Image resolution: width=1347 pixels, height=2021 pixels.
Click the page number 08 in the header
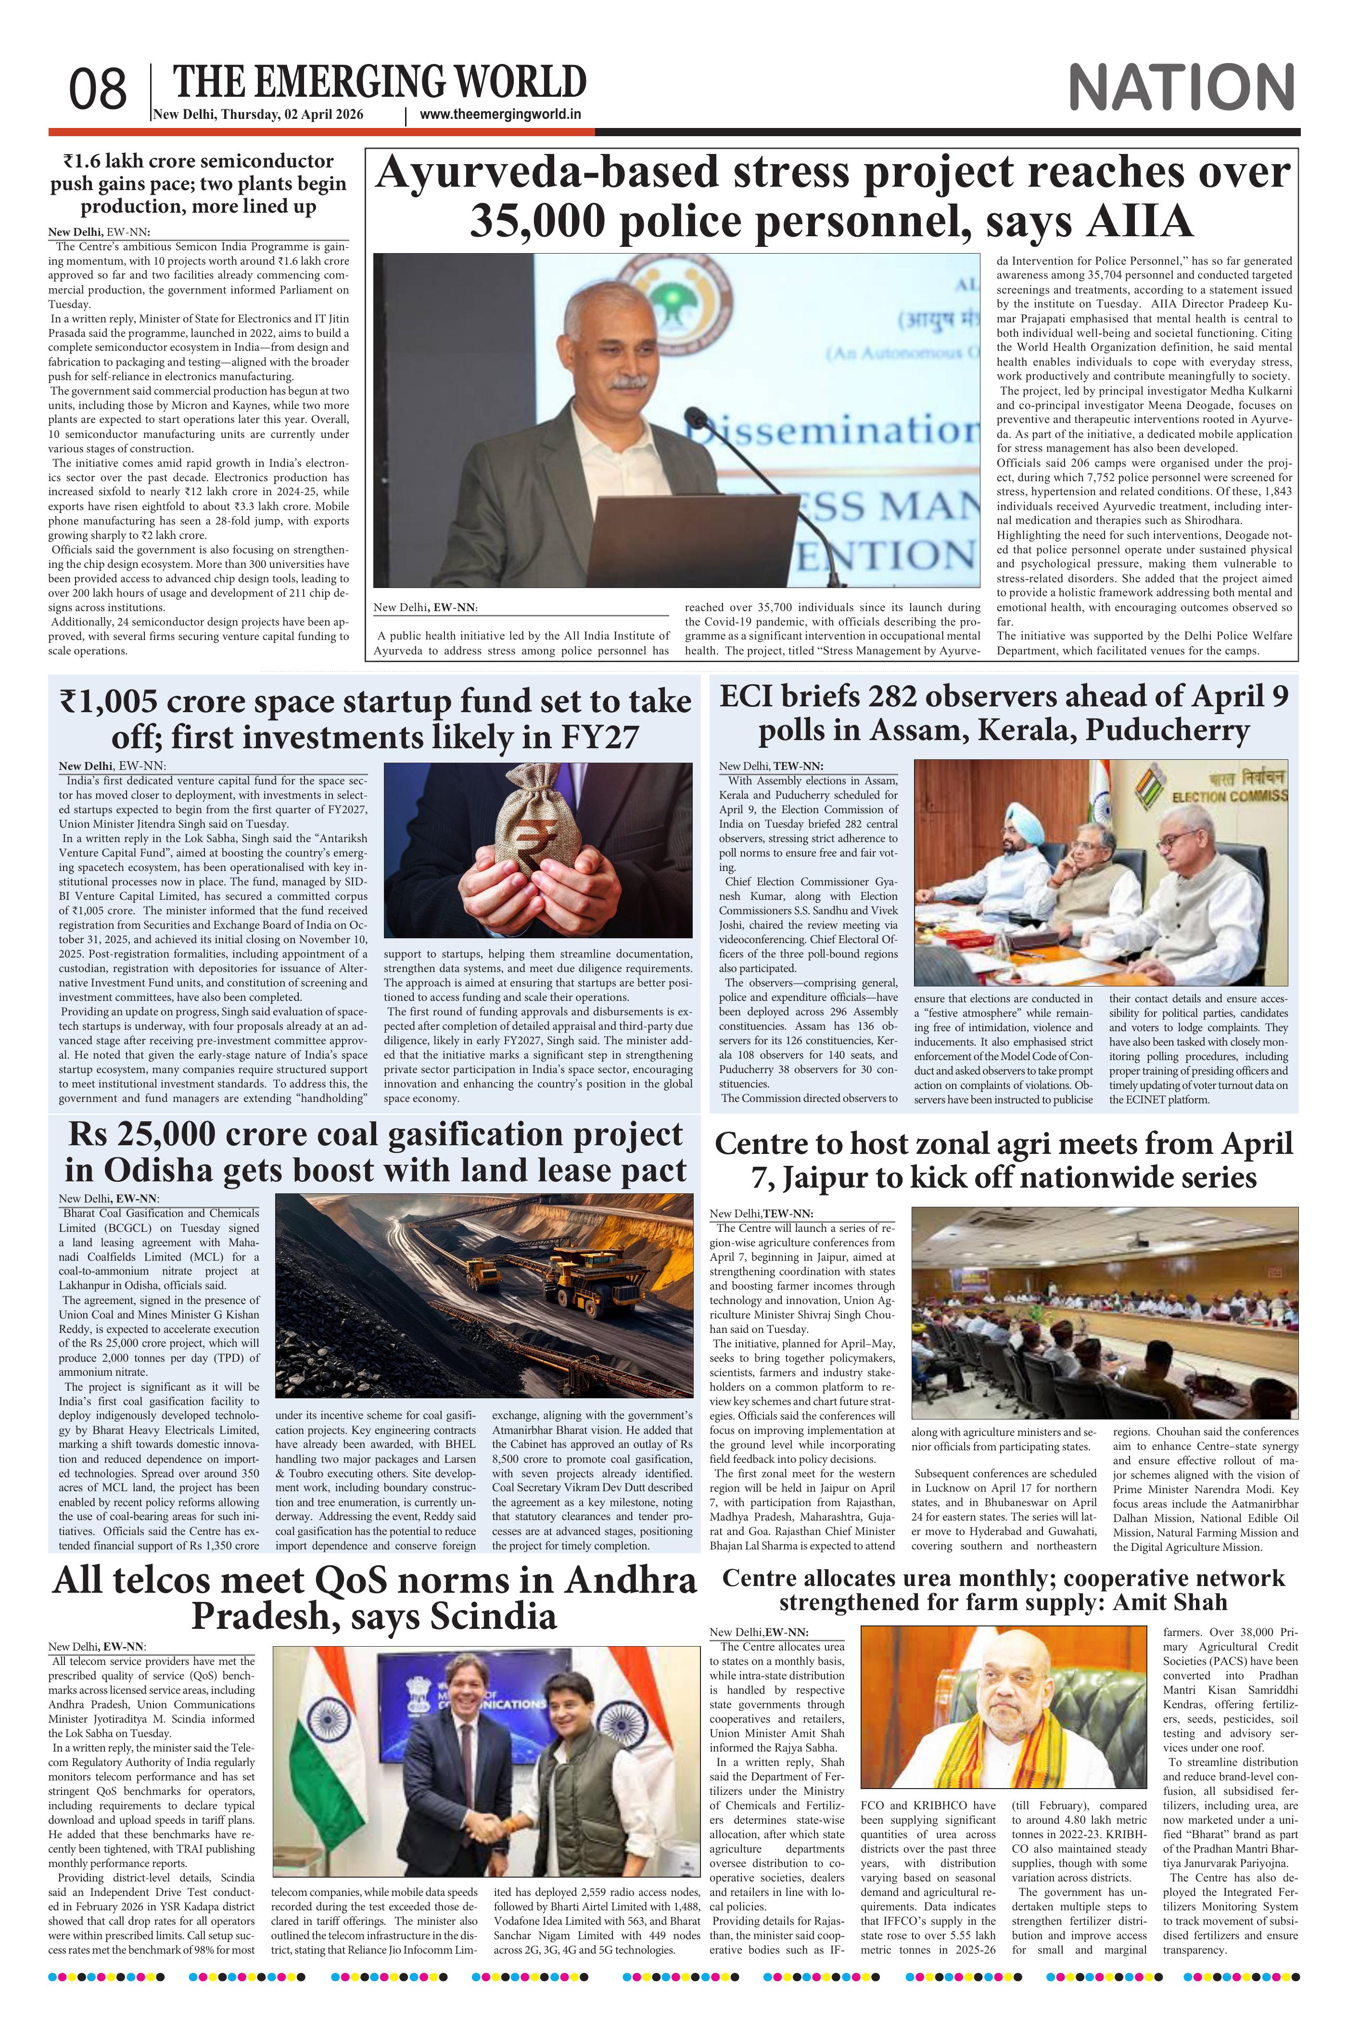pos(98,90)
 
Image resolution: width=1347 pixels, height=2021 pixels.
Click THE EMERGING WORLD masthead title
pos(380,82)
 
